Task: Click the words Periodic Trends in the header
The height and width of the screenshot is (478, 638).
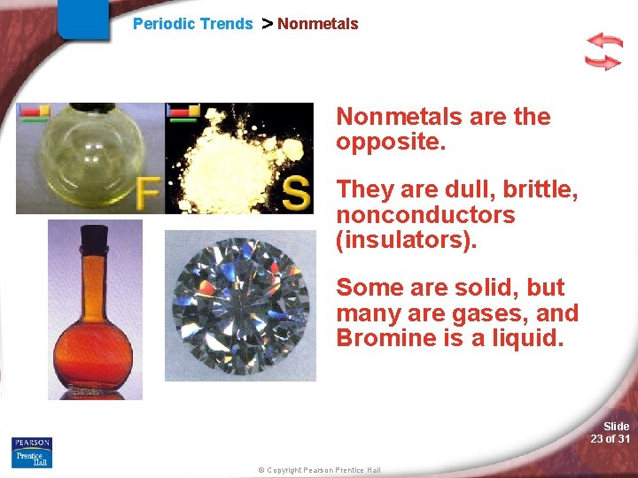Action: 192,24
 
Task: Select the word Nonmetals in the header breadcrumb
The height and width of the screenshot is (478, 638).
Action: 317,24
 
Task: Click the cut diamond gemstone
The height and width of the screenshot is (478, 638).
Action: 241,305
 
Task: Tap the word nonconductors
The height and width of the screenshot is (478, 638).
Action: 425,215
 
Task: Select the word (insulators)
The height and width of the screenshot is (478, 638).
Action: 406,240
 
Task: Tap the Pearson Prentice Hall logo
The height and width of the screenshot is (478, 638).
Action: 32,451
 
